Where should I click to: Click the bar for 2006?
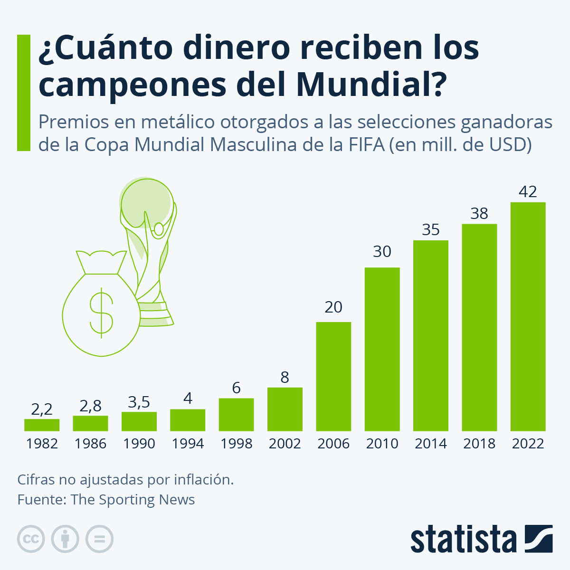tap(333, 376)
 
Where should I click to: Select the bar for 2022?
tap(528, 316)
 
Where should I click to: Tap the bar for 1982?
tap(42, 425)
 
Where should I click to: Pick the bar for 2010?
tap(382, 349)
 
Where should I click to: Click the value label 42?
tap(528, 191)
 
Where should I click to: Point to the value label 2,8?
tap(90, 406)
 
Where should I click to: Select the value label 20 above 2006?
tap(333, 307)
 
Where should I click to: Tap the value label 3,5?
tap(139, 402)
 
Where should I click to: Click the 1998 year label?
tap(236, 444)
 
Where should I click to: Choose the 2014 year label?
tap(430, 444)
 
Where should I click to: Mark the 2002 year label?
tap(285, 444)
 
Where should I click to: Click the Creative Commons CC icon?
tap(31, 539)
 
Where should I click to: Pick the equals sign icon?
tap(99, 539)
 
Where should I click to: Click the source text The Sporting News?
tap(133, 500)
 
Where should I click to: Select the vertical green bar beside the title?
tap(23, 93)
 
